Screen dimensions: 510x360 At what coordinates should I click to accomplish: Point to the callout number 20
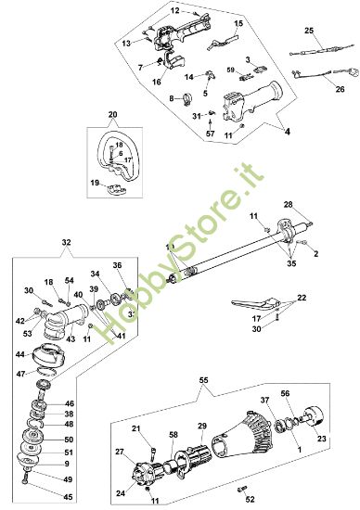(x=112, y=116)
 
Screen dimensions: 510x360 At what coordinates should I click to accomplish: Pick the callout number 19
(x=95, y=183)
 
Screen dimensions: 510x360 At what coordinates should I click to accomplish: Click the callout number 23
(x=322, y=414)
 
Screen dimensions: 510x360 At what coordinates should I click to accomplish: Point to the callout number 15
(x=238, y=22)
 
